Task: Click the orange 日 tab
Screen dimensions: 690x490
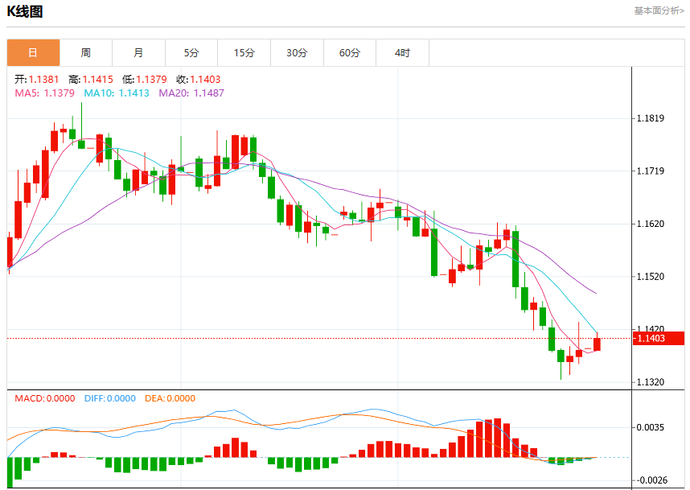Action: [x=33, y=53]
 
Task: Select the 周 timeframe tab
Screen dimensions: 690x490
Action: [x=86, y=53]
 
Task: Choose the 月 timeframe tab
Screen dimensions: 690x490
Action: [x=138, y=53]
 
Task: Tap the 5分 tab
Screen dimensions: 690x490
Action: [x=191, y=53]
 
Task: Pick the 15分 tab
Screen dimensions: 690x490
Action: [x=244, y=53]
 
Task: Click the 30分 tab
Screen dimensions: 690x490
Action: [x=297, y=53]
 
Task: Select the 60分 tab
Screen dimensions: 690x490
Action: [x=350, y=53]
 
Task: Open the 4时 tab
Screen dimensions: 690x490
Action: [x=402, y=53]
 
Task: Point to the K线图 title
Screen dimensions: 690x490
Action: [x=25, y=11]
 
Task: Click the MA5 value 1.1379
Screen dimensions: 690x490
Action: [x=59, y=93]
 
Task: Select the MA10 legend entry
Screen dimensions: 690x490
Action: [x=117, y=93]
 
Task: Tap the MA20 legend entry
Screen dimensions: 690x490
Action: [x=191, y=93]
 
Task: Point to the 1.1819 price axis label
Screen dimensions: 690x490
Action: [x=651, y=118]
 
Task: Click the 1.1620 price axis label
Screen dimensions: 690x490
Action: [x=651, y=224]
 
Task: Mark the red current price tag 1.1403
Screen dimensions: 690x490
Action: [x=659, y=338]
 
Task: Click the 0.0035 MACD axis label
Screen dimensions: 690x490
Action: [x=651, y=427]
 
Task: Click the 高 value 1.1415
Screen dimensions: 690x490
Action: [x=97, y=79]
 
